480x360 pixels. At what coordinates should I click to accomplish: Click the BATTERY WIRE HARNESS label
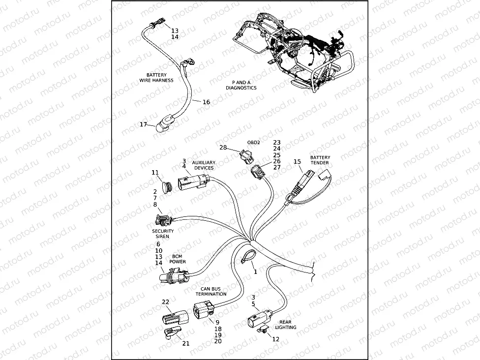click(x=156, y=77)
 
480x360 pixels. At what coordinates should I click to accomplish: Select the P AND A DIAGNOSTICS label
click(x=241, y=85)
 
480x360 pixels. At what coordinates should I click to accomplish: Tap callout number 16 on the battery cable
click(x=206, y=102)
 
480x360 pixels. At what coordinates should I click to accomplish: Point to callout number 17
click(x=143, y=124)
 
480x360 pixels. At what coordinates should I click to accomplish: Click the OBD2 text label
click(x=253, y=142)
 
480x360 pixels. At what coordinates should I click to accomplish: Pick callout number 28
click(x=223, y=148)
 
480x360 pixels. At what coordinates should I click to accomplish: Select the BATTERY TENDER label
click(x=320, y=160)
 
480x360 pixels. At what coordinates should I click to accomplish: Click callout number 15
click(x=297, y=161)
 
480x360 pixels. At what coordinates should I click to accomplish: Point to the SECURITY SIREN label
click(x=163, y=234)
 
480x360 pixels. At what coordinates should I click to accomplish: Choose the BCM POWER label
click(x=178, y=259)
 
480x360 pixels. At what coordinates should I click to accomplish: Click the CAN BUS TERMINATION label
click(x=213, y=292)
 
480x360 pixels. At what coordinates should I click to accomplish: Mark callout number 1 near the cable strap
click(x=255, y=271)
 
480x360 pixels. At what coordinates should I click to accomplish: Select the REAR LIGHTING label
click(x=285, y=325)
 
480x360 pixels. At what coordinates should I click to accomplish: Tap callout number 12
click(x=275, y=339)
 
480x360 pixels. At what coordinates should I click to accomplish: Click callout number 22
click(x=166, y=302)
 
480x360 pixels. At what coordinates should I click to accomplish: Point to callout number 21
click(x=186, y=343)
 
